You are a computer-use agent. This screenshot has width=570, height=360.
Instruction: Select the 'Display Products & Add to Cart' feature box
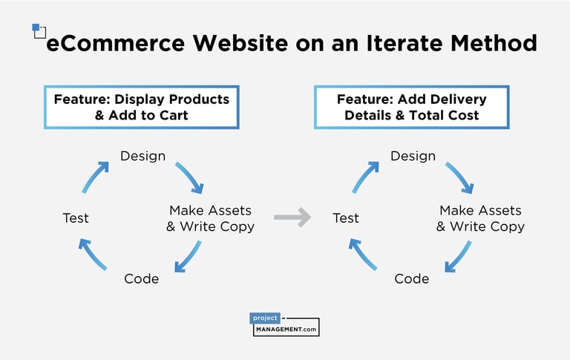pos(142,107)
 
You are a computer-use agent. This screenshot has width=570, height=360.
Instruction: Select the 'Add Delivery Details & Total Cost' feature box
pos(412,107)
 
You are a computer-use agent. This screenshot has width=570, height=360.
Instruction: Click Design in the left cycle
pos(142,156)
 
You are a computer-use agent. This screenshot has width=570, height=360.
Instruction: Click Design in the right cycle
pos(413,156)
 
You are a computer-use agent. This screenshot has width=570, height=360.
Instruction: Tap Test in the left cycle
pos(76,217)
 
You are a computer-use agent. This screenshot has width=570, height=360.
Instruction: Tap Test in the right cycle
pos(346,217)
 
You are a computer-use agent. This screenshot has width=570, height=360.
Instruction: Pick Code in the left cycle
pos(141,278)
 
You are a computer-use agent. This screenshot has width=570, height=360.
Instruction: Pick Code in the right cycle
pos(411,278)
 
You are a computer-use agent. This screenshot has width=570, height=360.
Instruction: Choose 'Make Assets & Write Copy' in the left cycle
pos(210,218)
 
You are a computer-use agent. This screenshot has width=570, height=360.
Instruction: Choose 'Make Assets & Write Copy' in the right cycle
pos(480,218)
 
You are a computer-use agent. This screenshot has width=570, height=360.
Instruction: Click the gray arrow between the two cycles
pos(292,217)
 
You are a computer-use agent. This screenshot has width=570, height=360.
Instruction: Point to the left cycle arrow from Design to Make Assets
pos(190,178)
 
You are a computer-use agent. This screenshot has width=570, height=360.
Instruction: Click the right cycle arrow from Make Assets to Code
pos(459,256)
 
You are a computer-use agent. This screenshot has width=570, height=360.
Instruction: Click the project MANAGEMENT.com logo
pos(285,324)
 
